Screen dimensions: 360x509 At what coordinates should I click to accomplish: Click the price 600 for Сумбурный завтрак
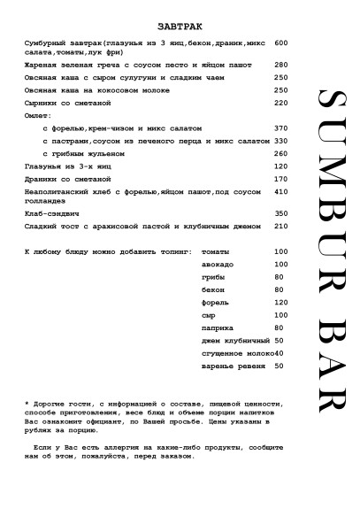[x=281, y=42]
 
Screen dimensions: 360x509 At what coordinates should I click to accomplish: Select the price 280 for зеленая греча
[x=281, y=65]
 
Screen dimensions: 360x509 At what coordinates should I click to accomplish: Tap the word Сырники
[x=46, y=102]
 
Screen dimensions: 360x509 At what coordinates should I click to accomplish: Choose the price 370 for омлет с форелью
[x=281, y=128]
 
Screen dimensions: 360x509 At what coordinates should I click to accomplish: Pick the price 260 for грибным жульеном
[x=281, y=153]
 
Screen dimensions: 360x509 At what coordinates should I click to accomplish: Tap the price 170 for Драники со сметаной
[x=281, y=178]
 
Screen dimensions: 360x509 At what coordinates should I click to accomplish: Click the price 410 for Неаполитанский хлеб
[x=281, y=191]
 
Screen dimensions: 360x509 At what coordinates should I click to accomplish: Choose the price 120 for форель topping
[x=281, y=302]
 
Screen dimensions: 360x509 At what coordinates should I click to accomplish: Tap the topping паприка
[x=218, y=328]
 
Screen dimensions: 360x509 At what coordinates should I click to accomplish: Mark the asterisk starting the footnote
[x=27, y=403]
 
